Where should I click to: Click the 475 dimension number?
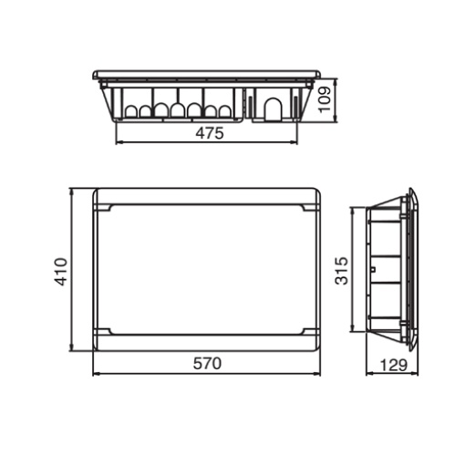[210, 133]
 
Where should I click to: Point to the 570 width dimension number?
[208, 363]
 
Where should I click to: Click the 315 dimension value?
[342, 270]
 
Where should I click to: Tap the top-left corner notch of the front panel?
[107, 210]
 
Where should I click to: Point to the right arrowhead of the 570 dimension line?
[320, 373]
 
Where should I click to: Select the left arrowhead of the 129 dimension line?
[368, 373]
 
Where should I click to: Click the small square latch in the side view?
[373, 270]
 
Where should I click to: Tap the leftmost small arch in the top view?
[130, 112]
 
